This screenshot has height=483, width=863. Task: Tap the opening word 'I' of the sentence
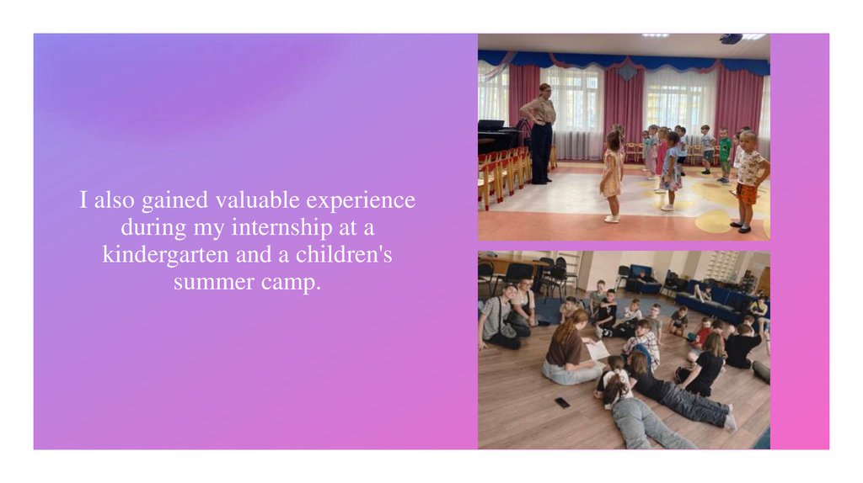[x=84, y=201]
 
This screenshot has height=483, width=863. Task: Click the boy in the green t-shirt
[x=724, y=154]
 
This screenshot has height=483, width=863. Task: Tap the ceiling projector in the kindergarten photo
[x=730, y=39]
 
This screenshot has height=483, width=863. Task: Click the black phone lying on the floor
[x=562, y=402]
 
